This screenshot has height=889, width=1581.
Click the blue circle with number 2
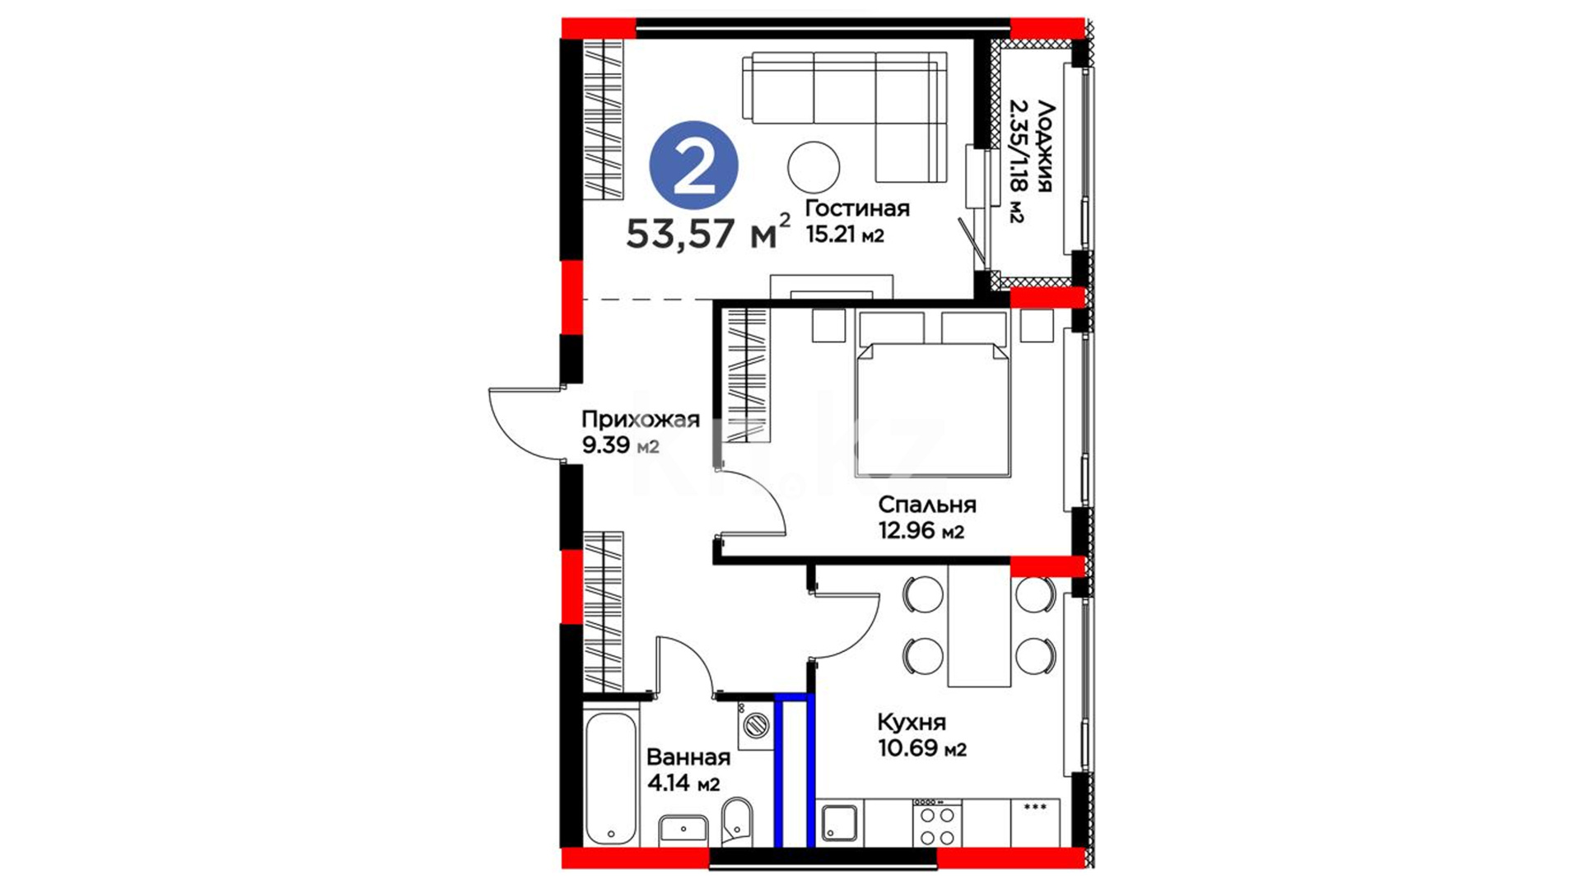[x=693, y=167]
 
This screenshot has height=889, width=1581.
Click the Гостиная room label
[x=857, y=207]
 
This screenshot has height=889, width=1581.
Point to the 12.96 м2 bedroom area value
[x=921, y=531]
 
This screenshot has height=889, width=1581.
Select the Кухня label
[x=912, y=723]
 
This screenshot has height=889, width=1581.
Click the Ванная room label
[x=688, y=756]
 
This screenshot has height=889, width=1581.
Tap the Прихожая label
[x=641, y=419]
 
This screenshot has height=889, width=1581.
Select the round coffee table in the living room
[x=813, y=167]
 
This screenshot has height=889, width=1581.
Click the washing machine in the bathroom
[x=756, y=724]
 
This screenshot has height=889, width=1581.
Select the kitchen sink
[x=840, y=823]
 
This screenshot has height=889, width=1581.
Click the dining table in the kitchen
[x=979, y=625]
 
